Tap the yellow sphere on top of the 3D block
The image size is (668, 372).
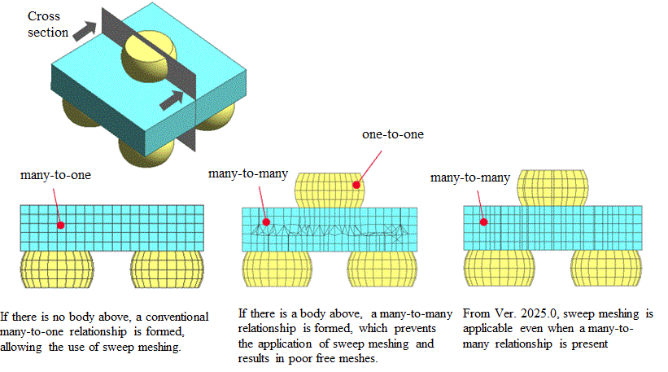point(145,55)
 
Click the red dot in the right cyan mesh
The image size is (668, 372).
point(482,221)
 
